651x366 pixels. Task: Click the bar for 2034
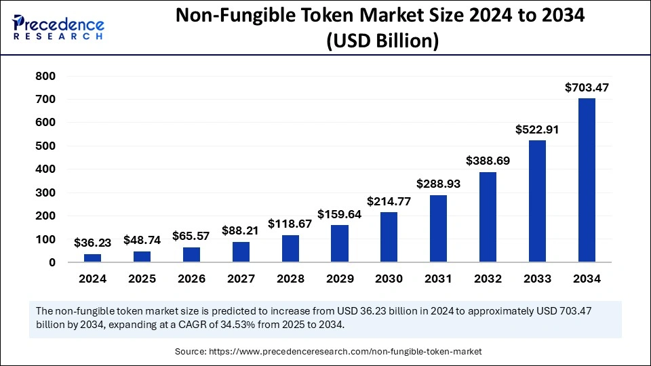[x=587, y=180]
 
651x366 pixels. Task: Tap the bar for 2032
[x=488, y=217]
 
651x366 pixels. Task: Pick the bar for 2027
[x=241, y=251]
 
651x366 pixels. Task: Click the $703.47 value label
[x=587, y=87]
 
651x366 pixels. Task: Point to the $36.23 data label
[x=92, y=242]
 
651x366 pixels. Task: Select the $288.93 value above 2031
[x=438, y=184]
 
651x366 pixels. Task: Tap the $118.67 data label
[x=290, y=224]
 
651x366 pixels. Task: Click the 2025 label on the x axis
[x=142, y=279]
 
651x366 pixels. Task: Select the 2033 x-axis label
[x=537, y=279]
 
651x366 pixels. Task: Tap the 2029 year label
[x=340, y=279]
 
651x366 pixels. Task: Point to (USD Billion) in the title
[x=382, y=41]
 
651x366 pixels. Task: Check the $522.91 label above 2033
[x=537, y=129]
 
